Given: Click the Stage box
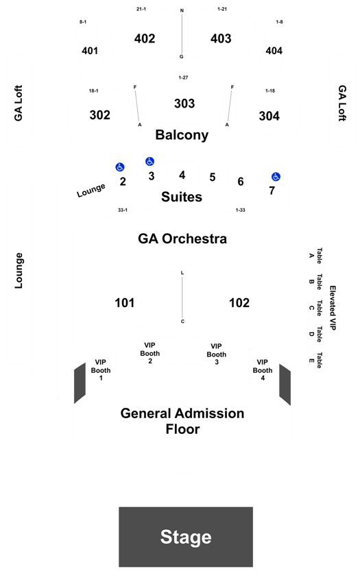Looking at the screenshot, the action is [186, 537].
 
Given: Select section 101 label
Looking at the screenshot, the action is [125, 303].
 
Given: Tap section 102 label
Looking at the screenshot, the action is [239, 303].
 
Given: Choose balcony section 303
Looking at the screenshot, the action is [184, 104].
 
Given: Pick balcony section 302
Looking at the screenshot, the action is [100, 115].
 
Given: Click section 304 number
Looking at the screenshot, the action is [269, 116].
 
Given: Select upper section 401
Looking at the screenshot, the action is [90, 51].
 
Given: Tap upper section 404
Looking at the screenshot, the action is [274, 51].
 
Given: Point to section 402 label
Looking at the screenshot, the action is [145, 38].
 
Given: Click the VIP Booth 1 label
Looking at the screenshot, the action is [101, 369].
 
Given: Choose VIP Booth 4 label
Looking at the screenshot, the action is [263, 369].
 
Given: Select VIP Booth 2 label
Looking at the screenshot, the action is [150, 353].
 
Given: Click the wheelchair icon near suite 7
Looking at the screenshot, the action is [276, 177].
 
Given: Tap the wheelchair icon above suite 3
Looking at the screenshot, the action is [149, 162].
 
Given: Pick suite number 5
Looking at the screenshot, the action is [213, 177].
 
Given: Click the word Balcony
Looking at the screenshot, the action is [182, 135].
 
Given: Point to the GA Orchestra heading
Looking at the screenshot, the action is [182, 239].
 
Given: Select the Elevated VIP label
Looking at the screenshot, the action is [333, 308].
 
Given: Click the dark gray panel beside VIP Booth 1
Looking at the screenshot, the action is [80, 383].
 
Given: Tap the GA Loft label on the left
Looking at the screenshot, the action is [19, 103].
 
